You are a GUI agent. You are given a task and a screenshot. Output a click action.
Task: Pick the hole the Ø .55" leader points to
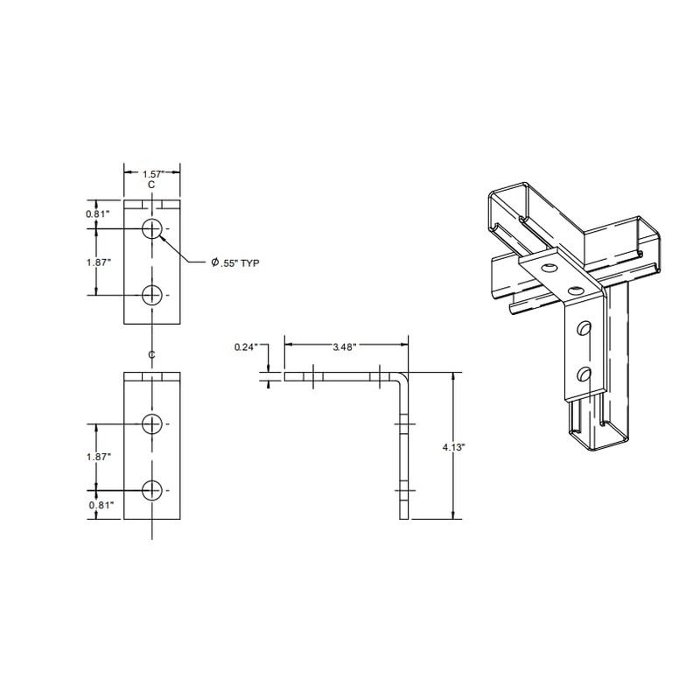click(x=153, y=229)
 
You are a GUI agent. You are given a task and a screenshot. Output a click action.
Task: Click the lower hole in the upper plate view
click(x=153, y=295)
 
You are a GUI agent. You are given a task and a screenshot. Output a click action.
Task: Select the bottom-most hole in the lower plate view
click(x=153, y=489)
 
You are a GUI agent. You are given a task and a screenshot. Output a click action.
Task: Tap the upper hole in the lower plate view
click(x=153, y=423)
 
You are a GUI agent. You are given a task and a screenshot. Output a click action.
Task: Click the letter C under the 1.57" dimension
click(x=152, y=185)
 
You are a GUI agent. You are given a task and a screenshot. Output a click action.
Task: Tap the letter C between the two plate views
click(x=152, y=354)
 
